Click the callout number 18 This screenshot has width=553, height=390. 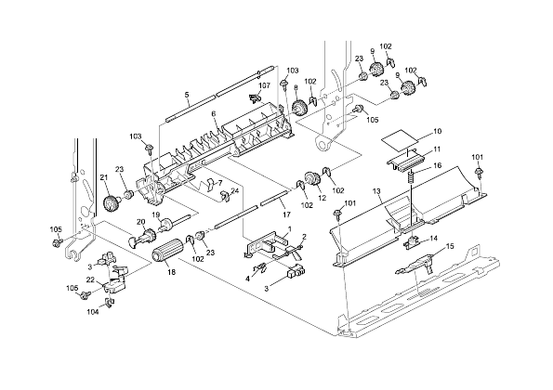coord(171,272)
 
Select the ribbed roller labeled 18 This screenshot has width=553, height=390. coord(166,250)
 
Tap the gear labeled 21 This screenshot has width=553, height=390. coord(112,203)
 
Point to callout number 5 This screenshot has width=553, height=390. coord(187,95)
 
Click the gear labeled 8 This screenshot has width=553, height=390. coord(300,107)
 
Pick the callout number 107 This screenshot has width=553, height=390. coord(265,85)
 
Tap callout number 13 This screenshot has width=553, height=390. coord(376,191)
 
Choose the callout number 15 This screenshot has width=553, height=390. coord(450,246)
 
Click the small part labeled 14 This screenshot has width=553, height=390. coord(411,242)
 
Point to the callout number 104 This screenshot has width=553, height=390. coord(93,312)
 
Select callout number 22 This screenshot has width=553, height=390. coord(91,279)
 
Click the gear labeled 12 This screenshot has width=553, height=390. coord(311,179)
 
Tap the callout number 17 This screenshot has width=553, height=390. coord(286,214)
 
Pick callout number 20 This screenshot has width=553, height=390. coord(141,222)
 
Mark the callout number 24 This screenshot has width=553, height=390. coord(235,190)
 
